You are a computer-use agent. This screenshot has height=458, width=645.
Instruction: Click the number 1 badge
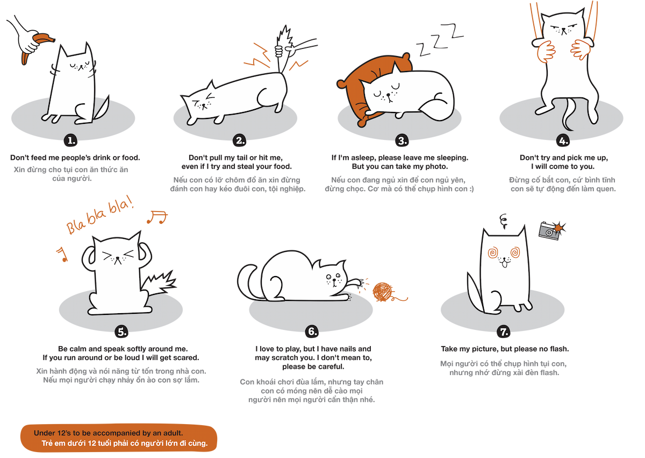click(71, 141)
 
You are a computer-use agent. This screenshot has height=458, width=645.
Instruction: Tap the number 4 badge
click(563, 141)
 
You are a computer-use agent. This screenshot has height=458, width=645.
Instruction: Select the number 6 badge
click(312, 331)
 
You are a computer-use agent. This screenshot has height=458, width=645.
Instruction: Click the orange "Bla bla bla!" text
click(100, 219)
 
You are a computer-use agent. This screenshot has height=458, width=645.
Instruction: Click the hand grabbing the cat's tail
click(278, 51)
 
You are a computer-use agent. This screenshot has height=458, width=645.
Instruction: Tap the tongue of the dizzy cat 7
click(504, 264)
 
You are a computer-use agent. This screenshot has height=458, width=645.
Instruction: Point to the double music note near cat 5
click(158, 216)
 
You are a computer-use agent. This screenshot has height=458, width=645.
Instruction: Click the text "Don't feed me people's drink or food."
click(75, 158)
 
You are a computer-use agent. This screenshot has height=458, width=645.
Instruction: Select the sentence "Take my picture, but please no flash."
click(504, 349)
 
